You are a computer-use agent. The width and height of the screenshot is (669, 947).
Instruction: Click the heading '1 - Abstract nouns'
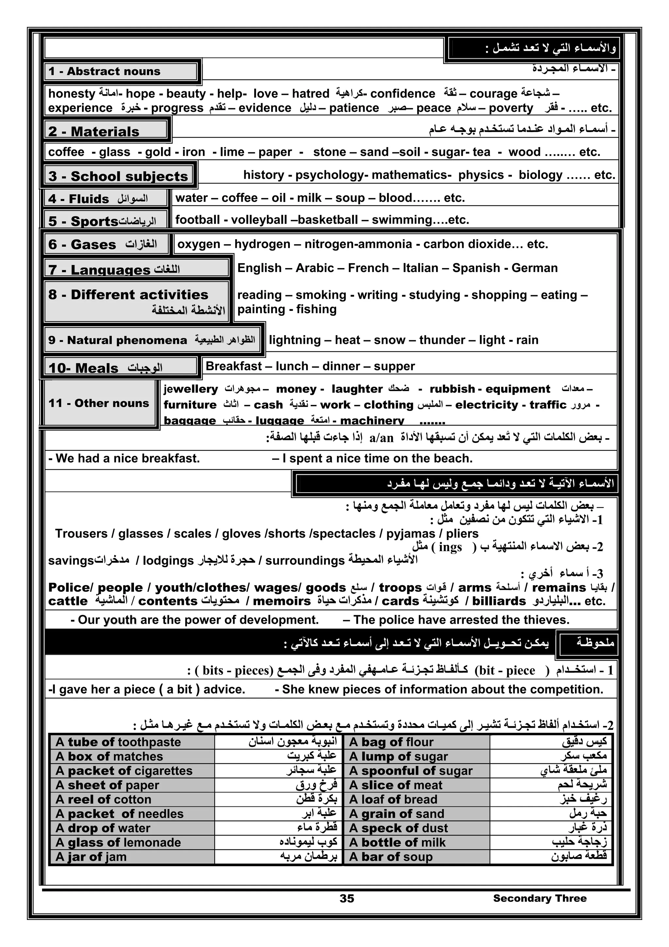(104, 71)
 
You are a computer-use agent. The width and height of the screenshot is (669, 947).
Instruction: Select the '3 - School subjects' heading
(119, 176)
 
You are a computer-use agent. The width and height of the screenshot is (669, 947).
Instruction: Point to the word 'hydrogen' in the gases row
(262, 244)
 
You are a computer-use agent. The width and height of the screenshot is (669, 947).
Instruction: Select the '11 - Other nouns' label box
(99, 403)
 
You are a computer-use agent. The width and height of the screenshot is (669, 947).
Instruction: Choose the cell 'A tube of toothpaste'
(118, 742)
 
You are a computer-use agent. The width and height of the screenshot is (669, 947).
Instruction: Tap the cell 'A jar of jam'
(91, 857)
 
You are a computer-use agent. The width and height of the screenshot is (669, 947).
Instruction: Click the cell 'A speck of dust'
(399, 828)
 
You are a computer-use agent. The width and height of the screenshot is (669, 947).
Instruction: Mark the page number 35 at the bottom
(347, 898)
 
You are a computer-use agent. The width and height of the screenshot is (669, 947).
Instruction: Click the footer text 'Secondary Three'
(540, 898)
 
